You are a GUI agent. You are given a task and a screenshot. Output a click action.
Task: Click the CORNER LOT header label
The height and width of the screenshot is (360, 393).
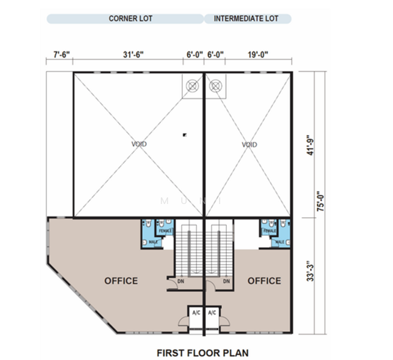(x=130, y=19)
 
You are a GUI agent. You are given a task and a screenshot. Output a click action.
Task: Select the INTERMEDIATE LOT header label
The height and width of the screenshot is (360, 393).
(x=247, y=19)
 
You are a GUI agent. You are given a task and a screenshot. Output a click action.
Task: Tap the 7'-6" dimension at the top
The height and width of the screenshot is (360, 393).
(x=61, y=55)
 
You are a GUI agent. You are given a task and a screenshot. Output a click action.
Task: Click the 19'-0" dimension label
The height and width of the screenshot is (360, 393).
(x=257, y=55)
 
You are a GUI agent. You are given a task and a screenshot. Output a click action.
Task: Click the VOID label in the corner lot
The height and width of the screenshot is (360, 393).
(x=139, y=144)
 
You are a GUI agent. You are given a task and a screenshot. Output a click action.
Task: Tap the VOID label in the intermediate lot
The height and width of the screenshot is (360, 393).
(x=249, y=145)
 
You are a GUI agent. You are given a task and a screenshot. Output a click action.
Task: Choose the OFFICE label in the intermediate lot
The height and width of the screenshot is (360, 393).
(x=264, y=280)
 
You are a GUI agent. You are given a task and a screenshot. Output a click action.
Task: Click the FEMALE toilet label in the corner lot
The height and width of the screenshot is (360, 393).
(x=166, y=230)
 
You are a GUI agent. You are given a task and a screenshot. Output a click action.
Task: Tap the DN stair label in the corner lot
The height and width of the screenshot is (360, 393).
(x=181, y=281)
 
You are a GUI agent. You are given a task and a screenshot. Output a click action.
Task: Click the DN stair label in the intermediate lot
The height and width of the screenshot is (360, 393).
(x=226, y=281)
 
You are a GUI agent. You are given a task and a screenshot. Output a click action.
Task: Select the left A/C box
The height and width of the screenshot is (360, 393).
(x=196, y=313)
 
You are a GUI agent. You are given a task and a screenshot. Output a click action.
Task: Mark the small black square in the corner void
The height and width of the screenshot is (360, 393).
(x=185, y=135)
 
